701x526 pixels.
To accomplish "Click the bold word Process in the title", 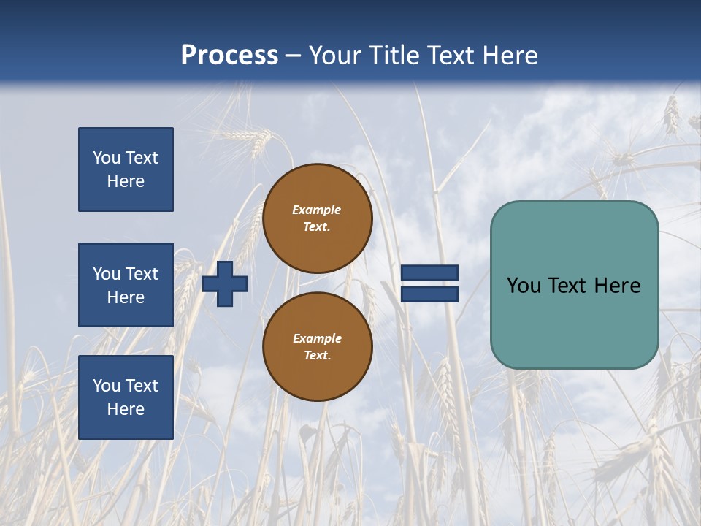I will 229,56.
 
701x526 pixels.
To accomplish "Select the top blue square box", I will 126,169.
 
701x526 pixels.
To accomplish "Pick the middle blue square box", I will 126,285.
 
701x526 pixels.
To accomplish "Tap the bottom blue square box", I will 126,397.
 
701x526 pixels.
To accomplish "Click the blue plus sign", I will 225,283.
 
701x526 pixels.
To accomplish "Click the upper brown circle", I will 318,218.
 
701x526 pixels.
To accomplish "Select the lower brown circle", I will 318,347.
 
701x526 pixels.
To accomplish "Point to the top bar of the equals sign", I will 429,273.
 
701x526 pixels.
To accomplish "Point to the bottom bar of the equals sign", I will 429,294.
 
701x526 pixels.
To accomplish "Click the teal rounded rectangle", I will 574,321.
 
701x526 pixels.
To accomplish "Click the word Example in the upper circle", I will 317,210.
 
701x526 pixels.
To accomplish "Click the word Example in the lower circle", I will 317,338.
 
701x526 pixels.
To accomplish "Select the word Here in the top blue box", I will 126,181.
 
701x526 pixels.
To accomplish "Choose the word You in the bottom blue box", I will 107,386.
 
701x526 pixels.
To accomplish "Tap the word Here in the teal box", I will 617,286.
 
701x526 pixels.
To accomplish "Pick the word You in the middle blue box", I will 107,274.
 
